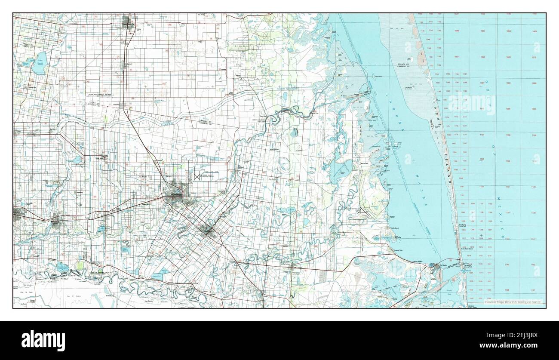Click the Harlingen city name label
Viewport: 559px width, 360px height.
175,195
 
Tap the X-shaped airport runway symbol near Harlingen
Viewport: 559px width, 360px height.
198,176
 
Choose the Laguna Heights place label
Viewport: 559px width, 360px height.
418,261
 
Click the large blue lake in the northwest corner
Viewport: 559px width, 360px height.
41,63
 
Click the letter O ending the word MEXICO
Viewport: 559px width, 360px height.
502,237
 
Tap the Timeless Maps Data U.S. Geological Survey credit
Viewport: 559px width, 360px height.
513,302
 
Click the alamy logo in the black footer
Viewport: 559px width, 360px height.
43,340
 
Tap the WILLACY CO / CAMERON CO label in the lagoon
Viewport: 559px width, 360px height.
405,65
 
